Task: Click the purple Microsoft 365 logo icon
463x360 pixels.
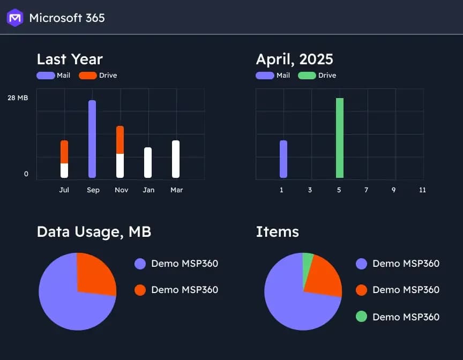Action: pyautogui.click(x=15, y=18)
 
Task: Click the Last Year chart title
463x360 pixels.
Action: pyautogui.click(x=70, y=59)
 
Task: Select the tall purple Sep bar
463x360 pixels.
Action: pyautogui.click(x=92, y=139)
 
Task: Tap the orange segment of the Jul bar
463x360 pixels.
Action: pyautogui.click(x=64, y=152)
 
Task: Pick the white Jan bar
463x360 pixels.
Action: pyautogui.click(x=148, y=162)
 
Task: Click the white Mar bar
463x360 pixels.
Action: pyautogui.click(x=176, y=159)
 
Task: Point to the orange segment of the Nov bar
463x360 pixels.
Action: pyautogui.click(x=120, y=140)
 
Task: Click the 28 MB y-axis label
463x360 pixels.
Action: pyautogui.click(x=18, y=98)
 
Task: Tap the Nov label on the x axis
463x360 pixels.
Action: pyautogui.click(x=121, y=190)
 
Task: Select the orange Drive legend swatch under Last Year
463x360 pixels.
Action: pyautogui.click(x=87, y=76)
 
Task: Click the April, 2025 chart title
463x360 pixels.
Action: pyautogui.click(x=294, y=59)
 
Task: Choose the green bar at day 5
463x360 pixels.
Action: pyautogui.click(x=340, y=138)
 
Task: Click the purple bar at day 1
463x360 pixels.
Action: pyautogui.click(x=283, y=159)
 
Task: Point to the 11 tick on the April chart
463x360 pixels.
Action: pyautogui.click(x=422, y=190)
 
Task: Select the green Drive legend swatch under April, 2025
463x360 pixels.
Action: pyautogui.click(x=307, y=76)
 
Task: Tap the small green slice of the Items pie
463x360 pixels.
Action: pyautogui.click(x=308, y=258)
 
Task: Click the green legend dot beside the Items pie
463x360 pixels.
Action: pyautogui.click(x=361, y=317)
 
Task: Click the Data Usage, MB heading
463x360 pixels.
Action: pyautogui.click(x=94, y=231)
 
